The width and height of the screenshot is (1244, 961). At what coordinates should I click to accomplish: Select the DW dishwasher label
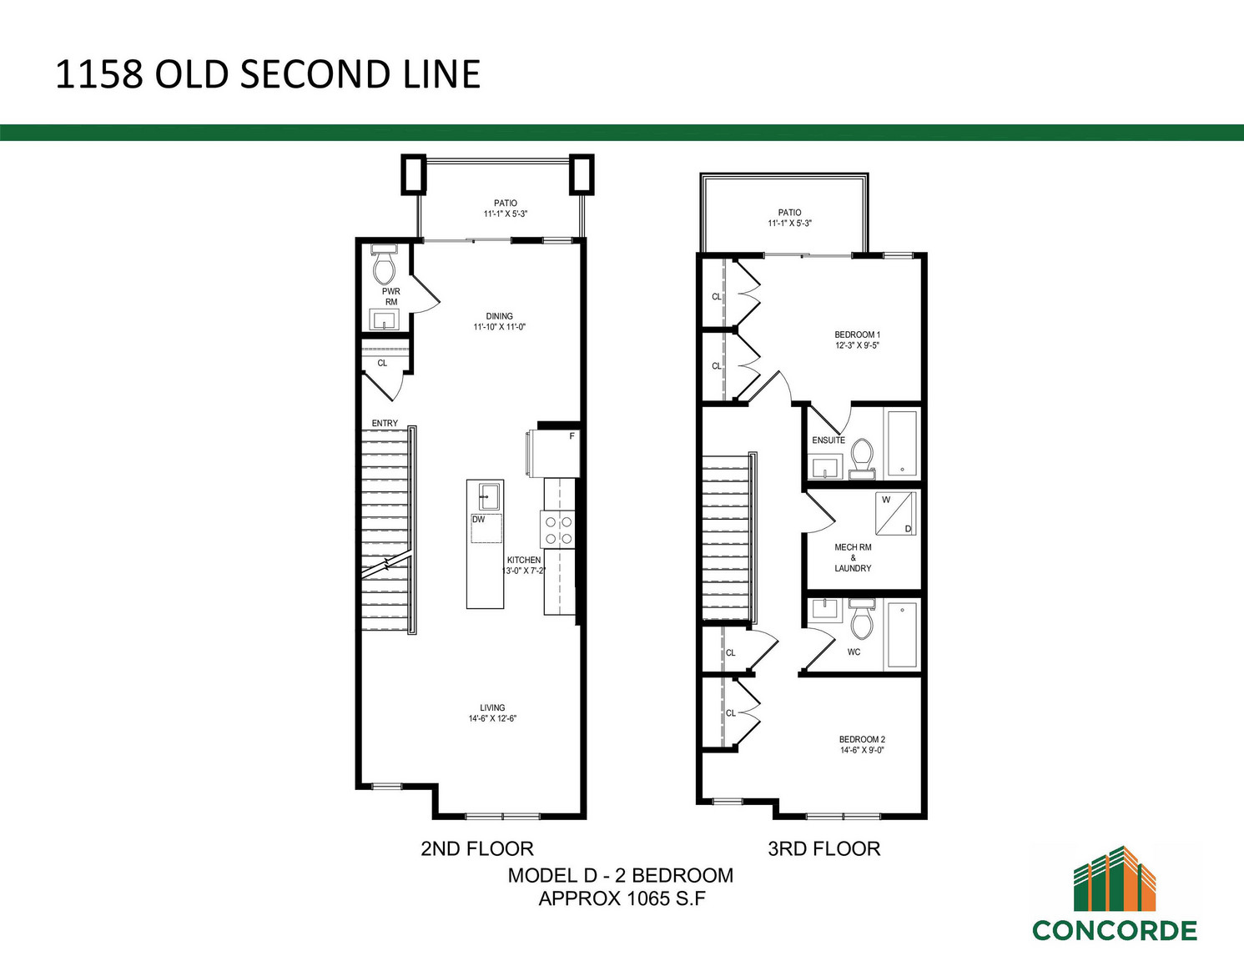479,520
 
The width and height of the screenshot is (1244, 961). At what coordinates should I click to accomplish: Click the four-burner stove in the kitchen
558,530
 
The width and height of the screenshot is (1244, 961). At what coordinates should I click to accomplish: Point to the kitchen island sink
490,496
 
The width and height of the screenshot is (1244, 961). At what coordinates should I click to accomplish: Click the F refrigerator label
572,436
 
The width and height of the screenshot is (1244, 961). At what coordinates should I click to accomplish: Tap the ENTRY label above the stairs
385,423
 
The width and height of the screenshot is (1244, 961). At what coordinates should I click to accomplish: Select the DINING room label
499,316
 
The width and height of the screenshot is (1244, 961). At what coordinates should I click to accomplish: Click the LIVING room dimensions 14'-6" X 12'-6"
492,719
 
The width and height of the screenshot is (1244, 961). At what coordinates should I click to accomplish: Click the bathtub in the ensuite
902,444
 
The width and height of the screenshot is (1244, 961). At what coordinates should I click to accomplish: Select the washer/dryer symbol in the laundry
896,514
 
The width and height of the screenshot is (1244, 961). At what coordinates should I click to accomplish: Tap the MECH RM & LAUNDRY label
853,557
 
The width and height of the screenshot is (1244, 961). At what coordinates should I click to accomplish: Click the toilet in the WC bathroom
862,619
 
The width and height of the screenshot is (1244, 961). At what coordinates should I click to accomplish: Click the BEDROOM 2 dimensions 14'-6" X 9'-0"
862,751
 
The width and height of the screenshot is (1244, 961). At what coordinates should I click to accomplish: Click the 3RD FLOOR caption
823,848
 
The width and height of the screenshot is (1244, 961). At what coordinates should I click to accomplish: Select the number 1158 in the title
98,74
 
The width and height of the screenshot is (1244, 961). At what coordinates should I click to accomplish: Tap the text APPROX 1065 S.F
622,898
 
